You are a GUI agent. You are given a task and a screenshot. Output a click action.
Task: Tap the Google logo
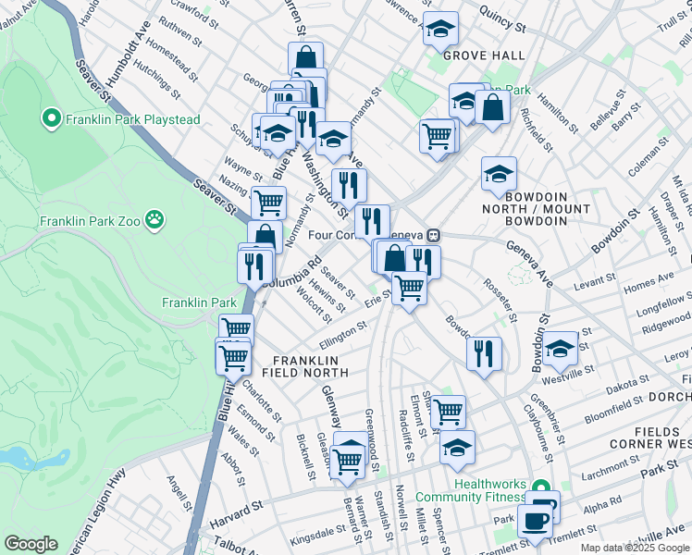tap(31, 543)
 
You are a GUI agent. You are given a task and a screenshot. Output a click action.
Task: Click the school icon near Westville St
tap(559, 349)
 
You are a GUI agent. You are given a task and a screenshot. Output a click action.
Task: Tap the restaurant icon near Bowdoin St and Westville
tap(484, 353)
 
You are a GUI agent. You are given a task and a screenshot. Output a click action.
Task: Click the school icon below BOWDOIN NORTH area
tap(499, 173)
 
